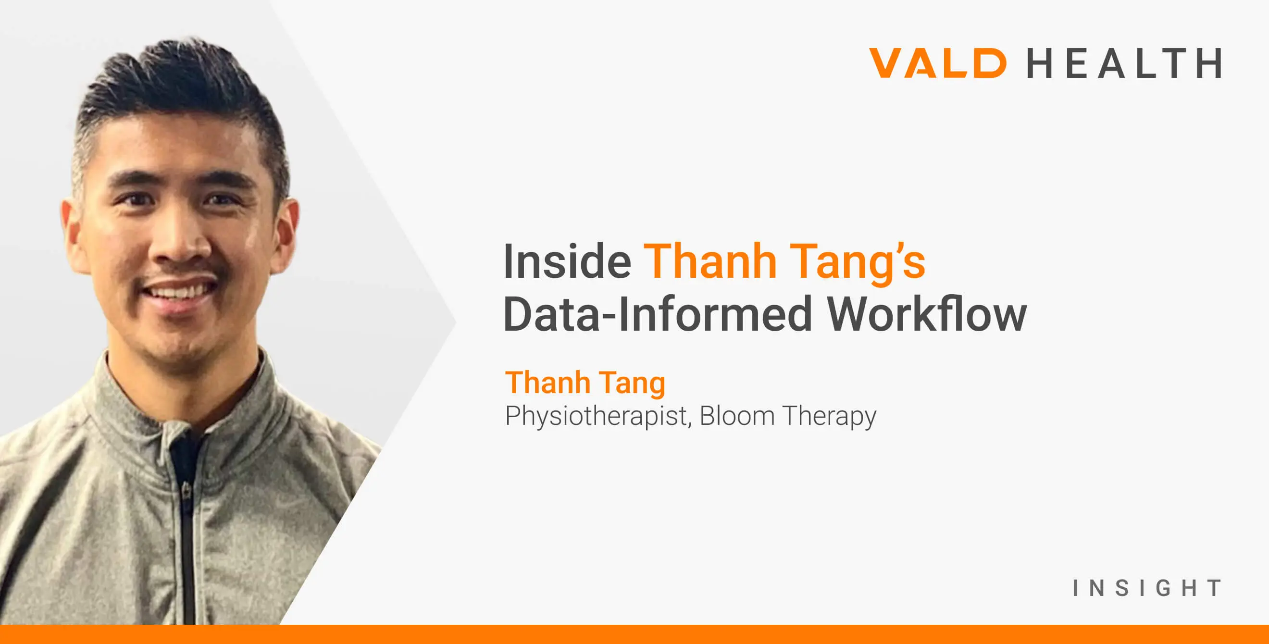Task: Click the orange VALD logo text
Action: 937,63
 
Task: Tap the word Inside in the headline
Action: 567,261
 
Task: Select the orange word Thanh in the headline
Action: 709,261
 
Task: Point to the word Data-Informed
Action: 657,314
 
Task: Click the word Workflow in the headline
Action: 926,314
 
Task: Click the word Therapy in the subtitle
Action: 829,416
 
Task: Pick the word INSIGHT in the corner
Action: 1147,588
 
